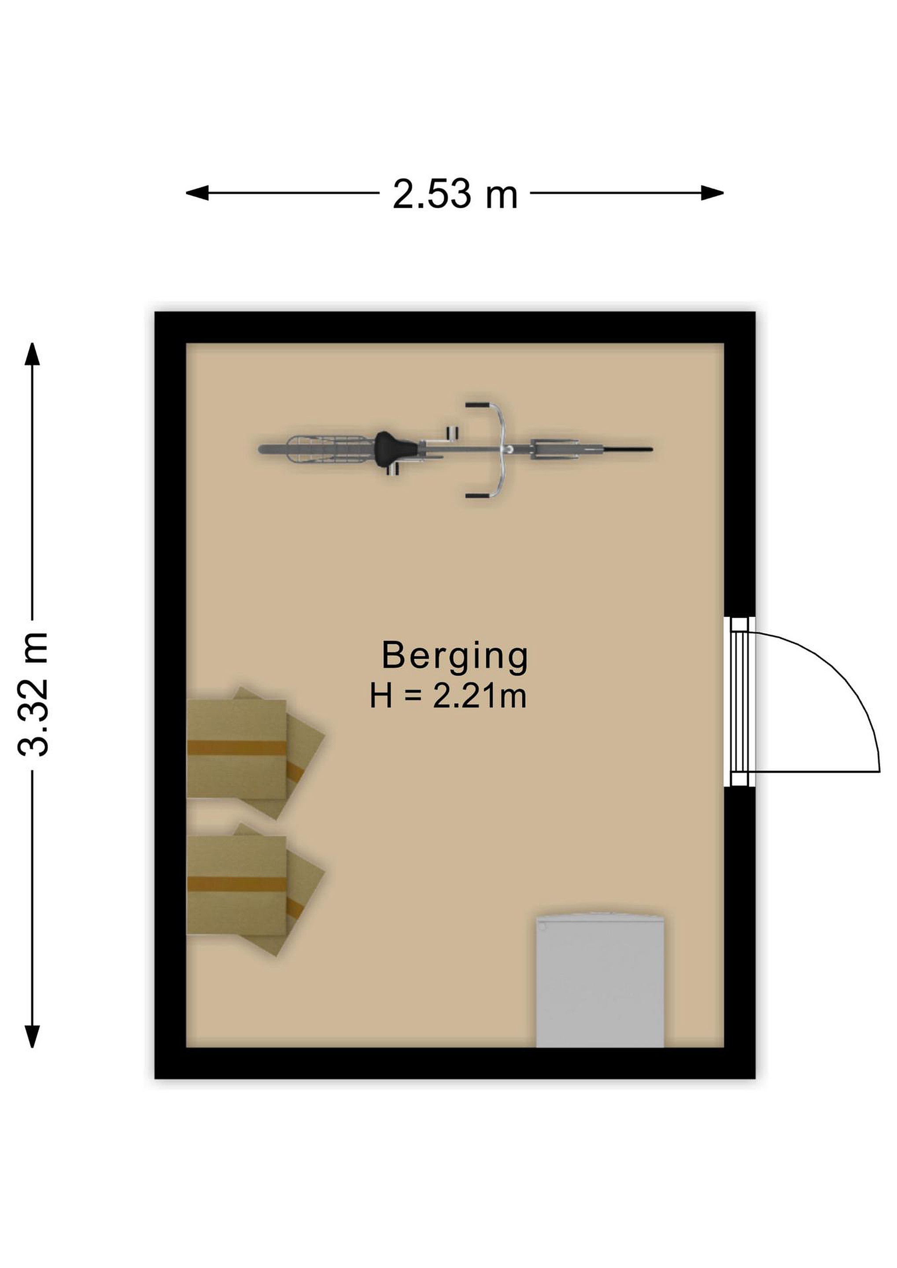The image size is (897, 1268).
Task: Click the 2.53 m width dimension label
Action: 455,194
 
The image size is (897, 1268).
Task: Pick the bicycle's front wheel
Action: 591,449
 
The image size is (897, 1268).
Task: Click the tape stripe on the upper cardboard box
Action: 236,748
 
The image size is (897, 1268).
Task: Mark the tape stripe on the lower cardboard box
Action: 236,884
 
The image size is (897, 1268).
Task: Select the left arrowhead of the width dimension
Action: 197,193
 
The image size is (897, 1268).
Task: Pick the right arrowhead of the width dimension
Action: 712,193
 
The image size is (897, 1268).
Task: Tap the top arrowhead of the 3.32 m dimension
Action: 32,354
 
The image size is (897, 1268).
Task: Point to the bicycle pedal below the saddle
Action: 393,469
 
